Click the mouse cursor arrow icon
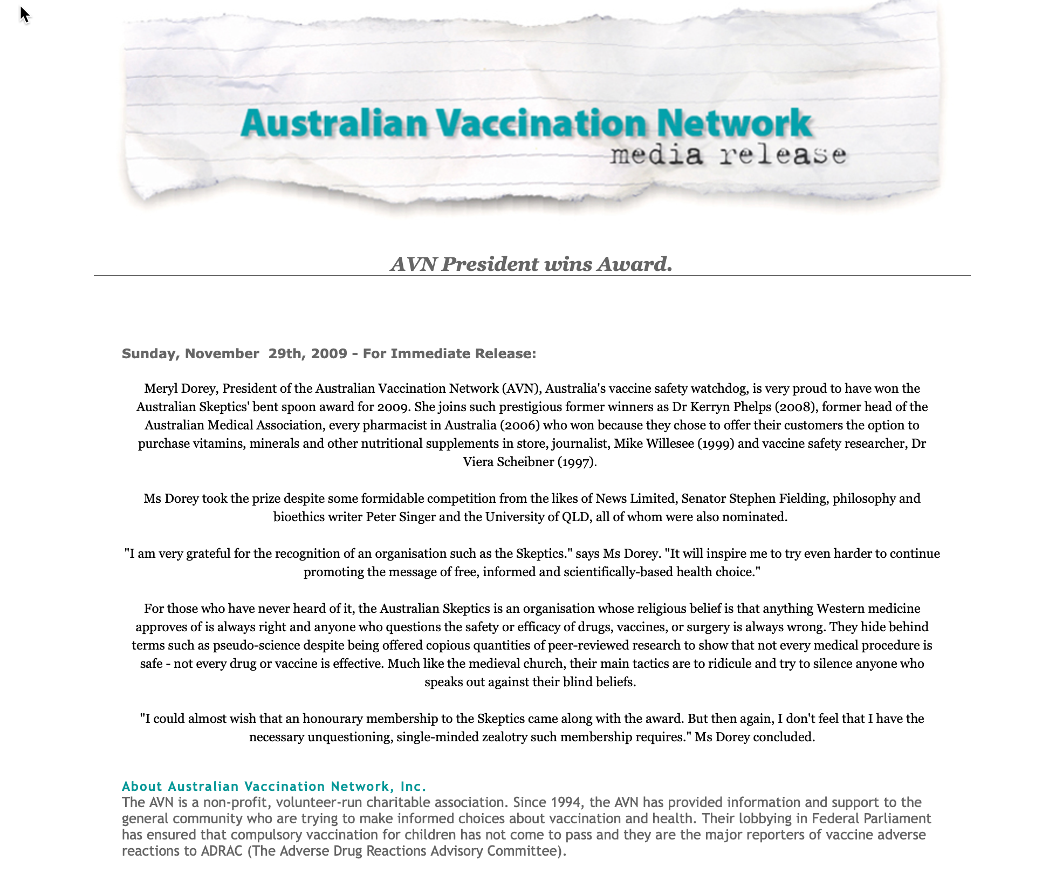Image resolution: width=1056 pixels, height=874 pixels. [x=24, y=15]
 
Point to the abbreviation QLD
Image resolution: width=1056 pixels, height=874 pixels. [x=575, y=517]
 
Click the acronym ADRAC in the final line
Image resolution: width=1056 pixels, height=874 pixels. [x=222, y=851]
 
